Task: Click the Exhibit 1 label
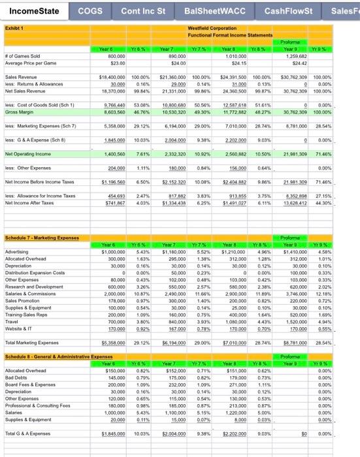[x=14, y=28]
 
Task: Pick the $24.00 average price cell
[x=169, y=63]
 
